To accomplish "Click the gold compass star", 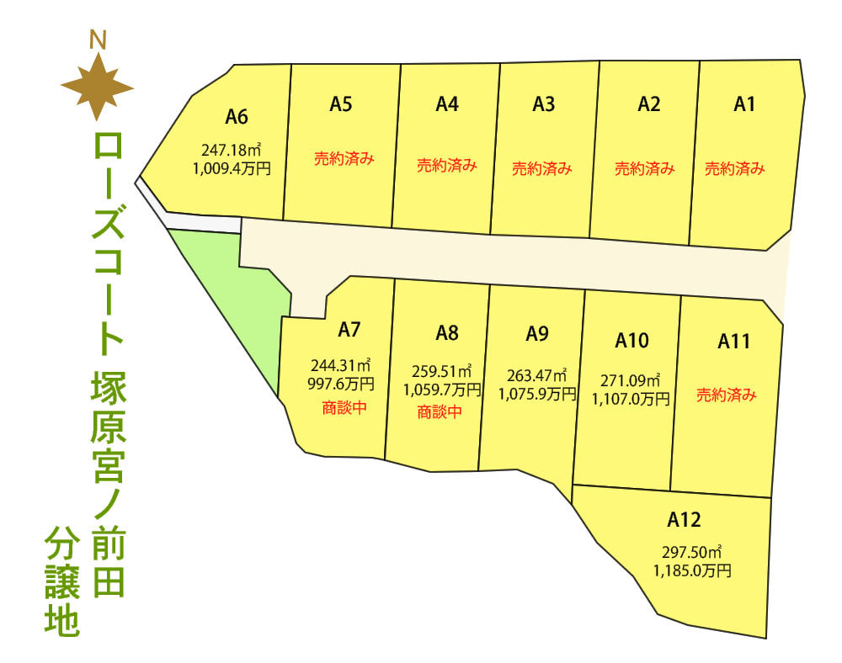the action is [98, 85].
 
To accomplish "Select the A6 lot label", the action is [237, 117].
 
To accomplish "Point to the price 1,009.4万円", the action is [232, 167].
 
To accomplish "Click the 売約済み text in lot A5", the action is [344, 157].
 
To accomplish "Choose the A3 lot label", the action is [544, 104].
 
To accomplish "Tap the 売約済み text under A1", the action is [734, 168].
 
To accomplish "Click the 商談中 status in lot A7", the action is [344, 409].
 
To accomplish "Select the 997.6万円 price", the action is [341, 383].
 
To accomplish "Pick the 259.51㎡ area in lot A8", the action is [442, 371].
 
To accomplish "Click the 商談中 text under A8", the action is [440, 412].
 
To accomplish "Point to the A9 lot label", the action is [537, 334].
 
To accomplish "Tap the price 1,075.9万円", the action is [537, 392].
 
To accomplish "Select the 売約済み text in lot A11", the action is [727, 395].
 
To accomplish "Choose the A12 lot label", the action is [684, 519].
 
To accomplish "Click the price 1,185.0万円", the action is [692, 570].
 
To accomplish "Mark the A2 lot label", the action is [648, 104].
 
